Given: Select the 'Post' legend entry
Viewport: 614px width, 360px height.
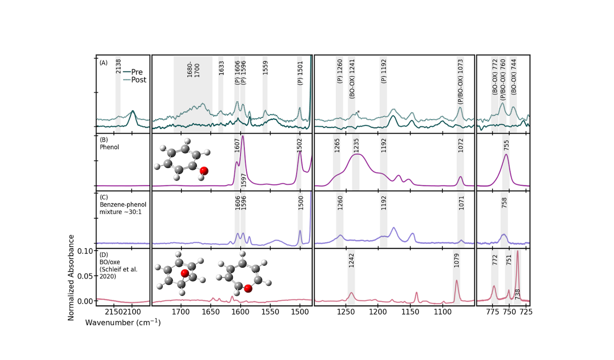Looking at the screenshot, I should click(x=139, y=80).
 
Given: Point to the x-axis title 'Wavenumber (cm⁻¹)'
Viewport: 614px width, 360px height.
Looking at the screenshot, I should click(x=123, y=323).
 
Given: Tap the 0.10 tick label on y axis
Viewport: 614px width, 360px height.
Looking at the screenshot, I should click(x=86, y=251).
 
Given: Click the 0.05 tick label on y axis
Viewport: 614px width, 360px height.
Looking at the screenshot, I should click(x=86, y=276).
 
